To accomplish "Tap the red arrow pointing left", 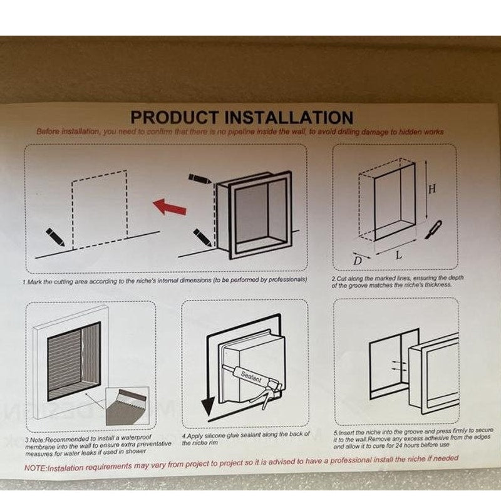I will click(x=169, y=206).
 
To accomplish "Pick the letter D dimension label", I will click(x=356, y=260).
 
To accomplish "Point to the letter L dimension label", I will click(x=398, y=256).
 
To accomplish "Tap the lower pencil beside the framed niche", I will click(x=202, y=237).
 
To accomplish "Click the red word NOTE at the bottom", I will click(x=36, y=468).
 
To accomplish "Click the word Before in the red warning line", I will click(x=49, y=132).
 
